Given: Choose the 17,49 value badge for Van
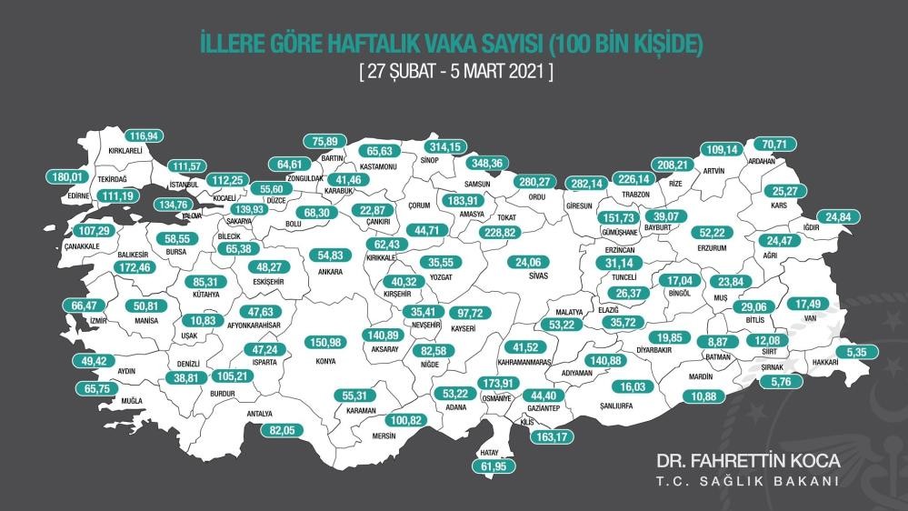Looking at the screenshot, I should tap(813, 303).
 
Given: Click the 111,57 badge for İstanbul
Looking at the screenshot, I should tap(191, 165).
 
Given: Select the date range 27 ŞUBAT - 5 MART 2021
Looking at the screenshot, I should tap(454, 71).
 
